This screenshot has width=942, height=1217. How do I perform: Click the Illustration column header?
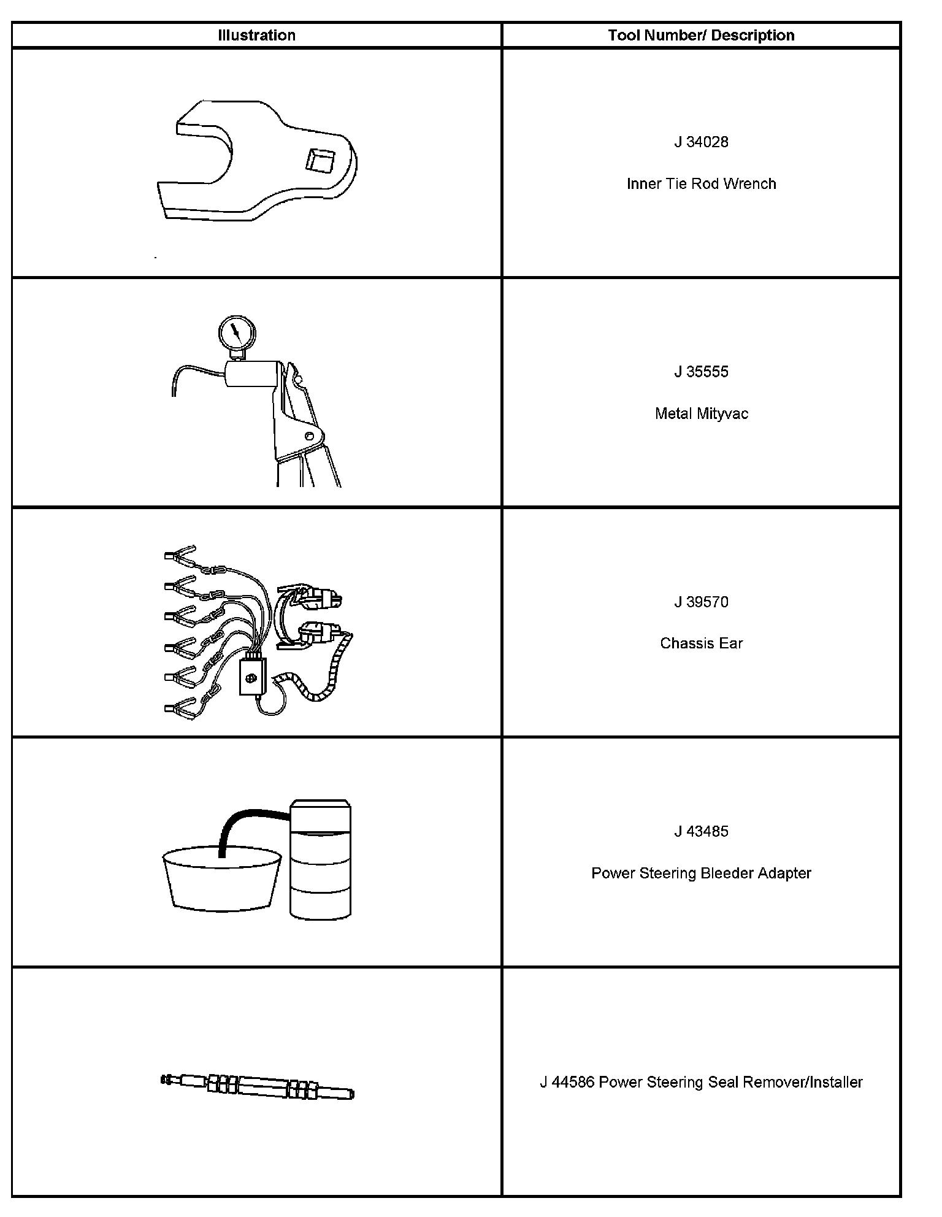coord(256,36)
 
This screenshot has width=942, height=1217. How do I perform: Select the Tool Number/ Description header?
coord(701,36)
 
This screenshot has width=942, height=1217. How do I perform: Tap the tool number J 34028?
coord(701,142)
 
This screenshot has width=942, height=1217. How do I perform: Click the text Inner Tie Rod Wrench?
coord(701,184)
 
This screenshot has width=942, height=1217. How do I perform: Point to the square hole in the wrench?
coord(321,161)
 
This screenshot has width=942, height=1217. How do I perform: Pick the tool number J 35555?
coord(701,372)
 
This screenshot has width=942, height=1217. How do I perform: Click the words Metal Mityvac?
coord(701,413)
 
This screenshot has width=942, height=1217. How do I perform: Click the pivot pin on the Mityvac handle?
coord(309,436)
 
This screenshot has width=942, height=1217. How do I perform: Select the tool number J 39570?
coord(701,602)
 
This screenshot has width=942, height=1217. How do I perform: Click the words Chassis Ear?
coord(701,643)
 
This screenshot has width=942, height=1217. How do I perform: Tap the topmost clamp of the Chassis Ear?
coord(180,554)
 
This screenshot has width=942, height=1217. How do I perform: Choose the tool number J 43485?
coord(701,832)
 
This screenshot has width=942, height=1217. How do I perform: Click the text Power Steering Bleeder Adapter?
coord(701,873)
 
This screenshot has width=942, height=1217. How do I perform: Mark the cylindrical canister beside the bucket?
coord(320,859)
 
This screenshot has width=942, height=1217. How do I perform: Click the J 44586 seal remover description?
coord(701,1082)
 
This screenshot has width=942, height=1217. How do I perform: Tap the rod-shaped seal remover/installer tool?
coord(258,1086)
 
